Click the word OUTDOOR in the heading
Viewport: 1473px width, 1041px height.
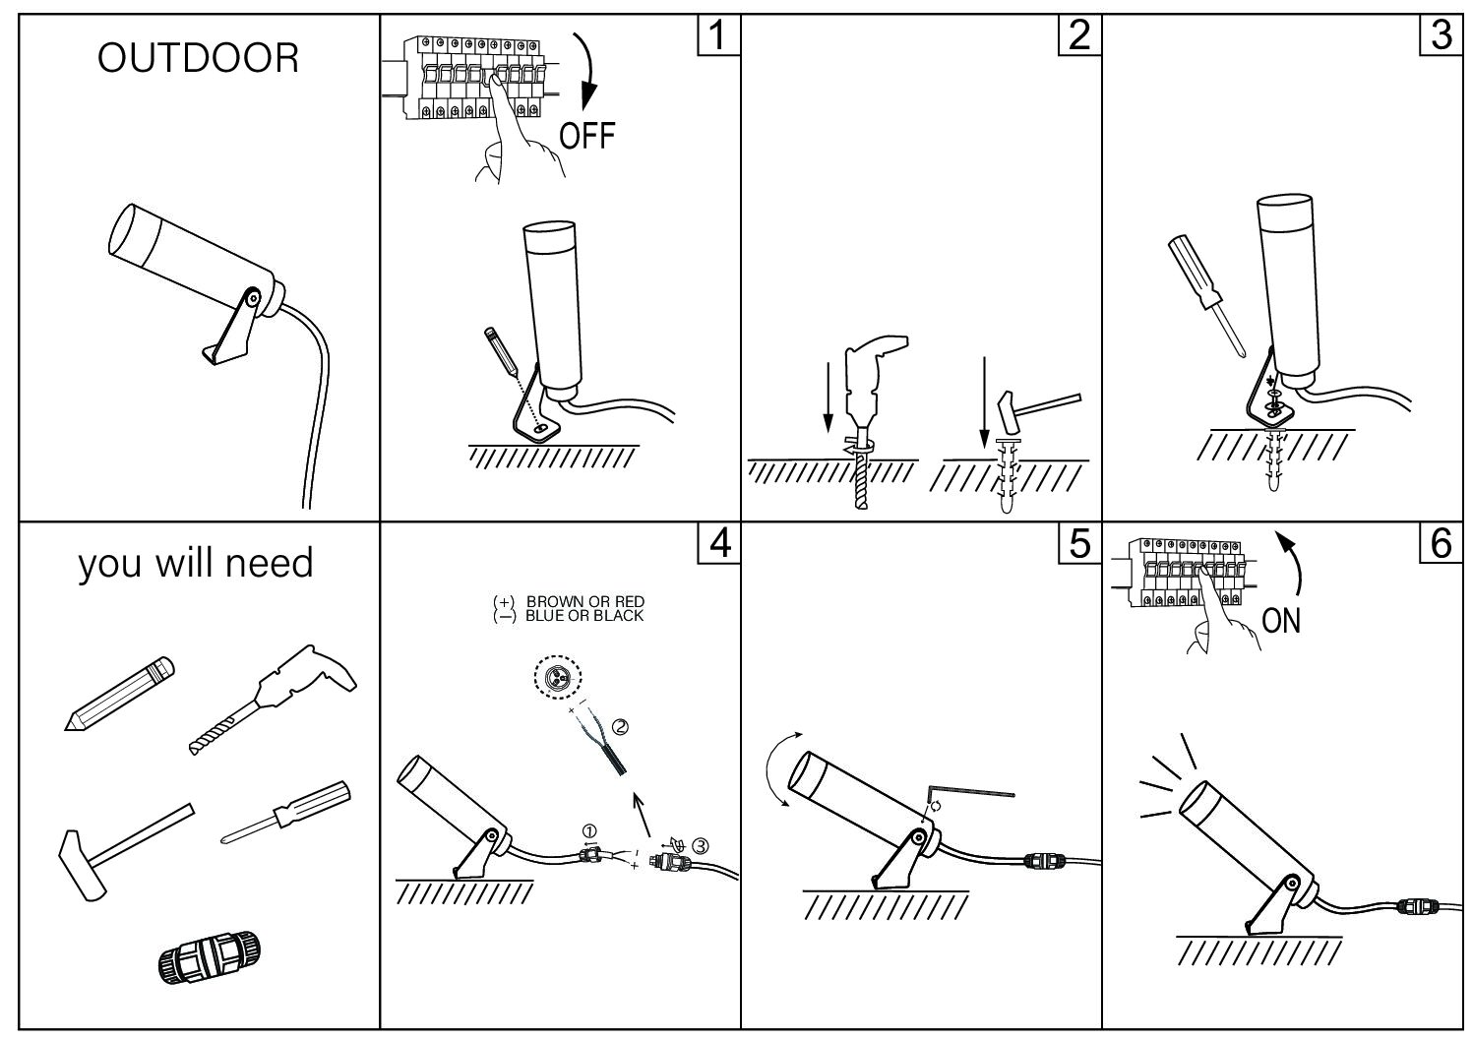click(x=198, y=59)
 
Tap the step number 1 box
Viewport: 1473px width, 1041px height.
click(x=717, y=36)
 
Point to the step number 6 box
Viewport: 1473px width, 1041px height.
click(x=1441, y=543)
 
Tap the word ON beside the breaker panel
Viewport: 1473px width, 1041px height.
click(x=1281, y=621)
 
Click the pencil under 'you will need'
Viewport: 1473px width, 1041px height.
click(x=119, y=694)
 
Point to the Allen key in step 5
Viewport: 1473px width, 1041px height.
click(x=969, y=791)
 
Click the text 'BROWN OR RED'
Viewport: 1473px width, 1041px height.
click(x=585, y=601)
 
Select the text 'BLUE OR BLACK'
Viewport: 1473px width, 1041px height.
click(x=584, y=616)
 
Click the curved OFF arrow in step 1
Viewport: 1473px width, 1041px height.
click(x=588, y=69)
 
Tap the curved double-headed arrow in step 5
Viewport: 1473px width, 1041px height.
click(x=780, y=770)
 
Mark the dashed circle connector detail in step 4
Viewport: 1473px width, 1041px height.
click(x=556, y=678)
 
